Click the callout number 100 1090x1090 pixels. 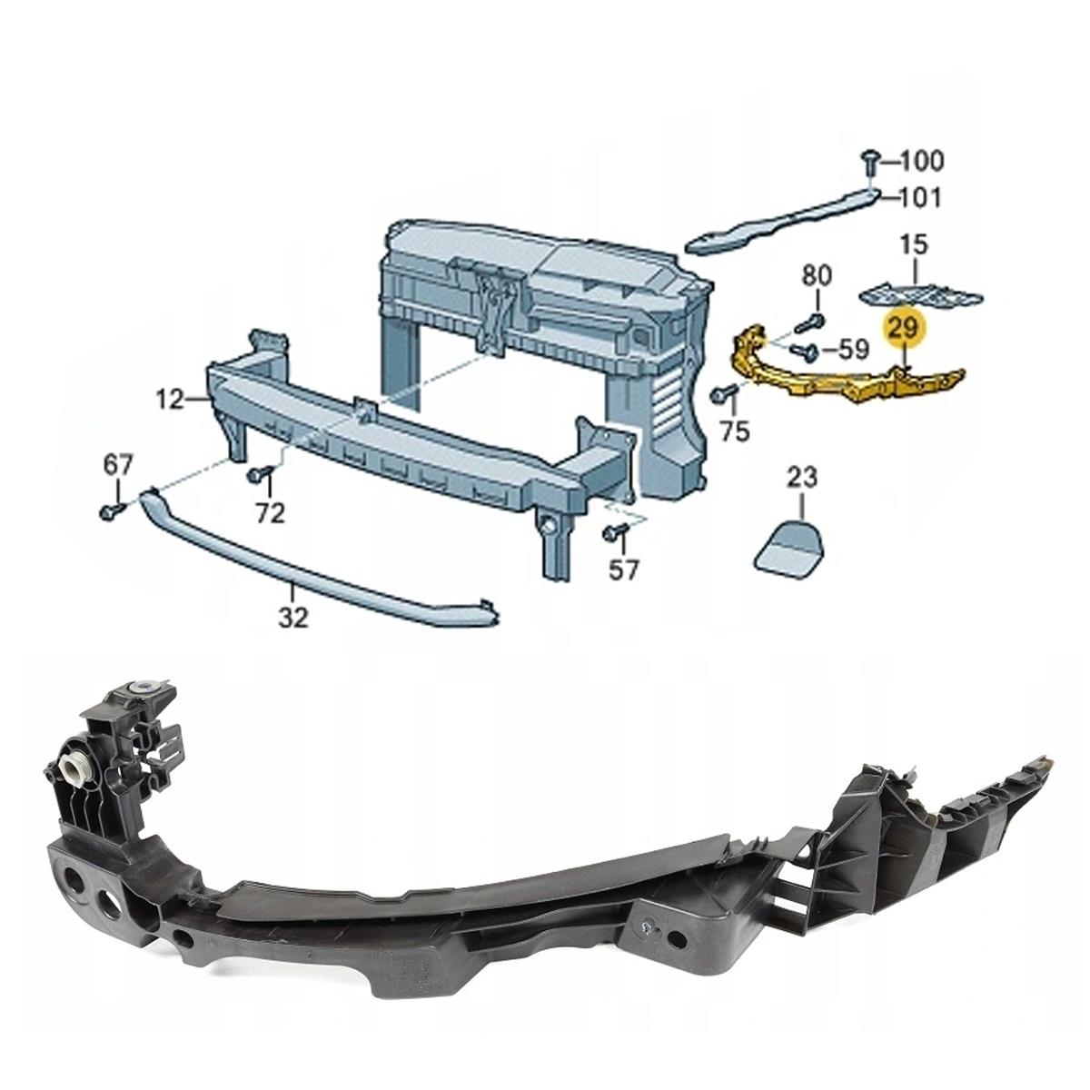pyautogui.click(x=921, y=161)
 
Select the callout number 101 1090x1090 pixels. pyautogui.click(x=920, y=198)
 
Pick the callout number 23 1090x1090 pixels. pyautogui.click(x=802, y=479)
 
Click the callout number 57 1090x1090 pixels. pyautogui.click(x=623, y=569)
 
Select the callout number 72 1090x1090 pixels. pyautogui.click(x=269, y=512)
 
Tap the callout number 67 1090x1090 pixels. pyautogui.click(x=118, y=465)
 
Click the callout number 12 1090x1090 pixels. pyautogui.click(x=171, y=400)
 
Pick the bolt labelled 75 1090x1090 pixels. pyautogui.click(x=722, y=393)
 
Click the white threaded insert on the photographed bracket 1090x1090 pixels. pyautogui.click(x=77, y=771)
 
